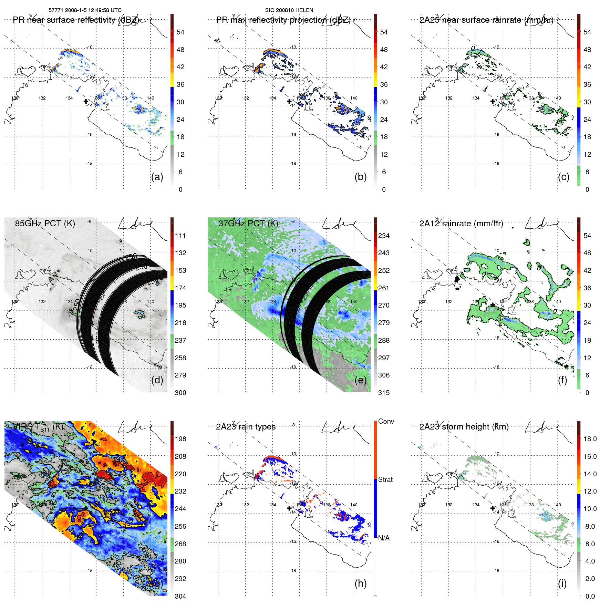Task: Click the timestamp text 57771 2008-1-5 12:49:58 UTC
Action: [85, 10]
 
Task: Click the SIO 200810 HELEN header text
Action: [289, 10]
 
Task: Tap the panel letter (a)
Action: [157, 177]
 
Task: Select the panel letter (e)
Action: [360, 380]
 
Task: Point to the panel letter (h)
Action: [360, 583]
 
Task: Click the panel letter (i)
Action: [562, 583]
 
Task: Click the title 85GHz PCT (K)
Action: [45, 223]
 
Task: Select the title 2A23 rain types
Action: [246, 427]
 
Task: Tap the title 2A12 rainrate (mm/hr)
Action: [461, 223]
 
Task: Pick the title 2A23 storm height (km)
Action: [464, 427]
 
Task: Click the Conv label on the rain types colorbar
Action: [386, 421]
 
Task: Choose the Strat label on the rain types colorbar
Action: [385, 479]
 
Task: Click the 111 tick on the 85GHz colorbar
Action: [180, 236]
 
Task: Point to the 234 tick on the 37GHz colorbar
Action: [384, 236]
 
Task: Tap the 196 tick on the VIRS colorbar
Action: [180, 439]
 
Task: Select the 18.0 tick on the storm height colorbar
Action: [590, 439]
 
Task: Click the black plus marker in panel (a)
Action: [86, 101]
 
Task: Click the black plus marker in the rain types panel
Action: [289, 508]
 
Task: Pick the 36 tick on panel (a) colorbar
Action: [180, 84]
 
